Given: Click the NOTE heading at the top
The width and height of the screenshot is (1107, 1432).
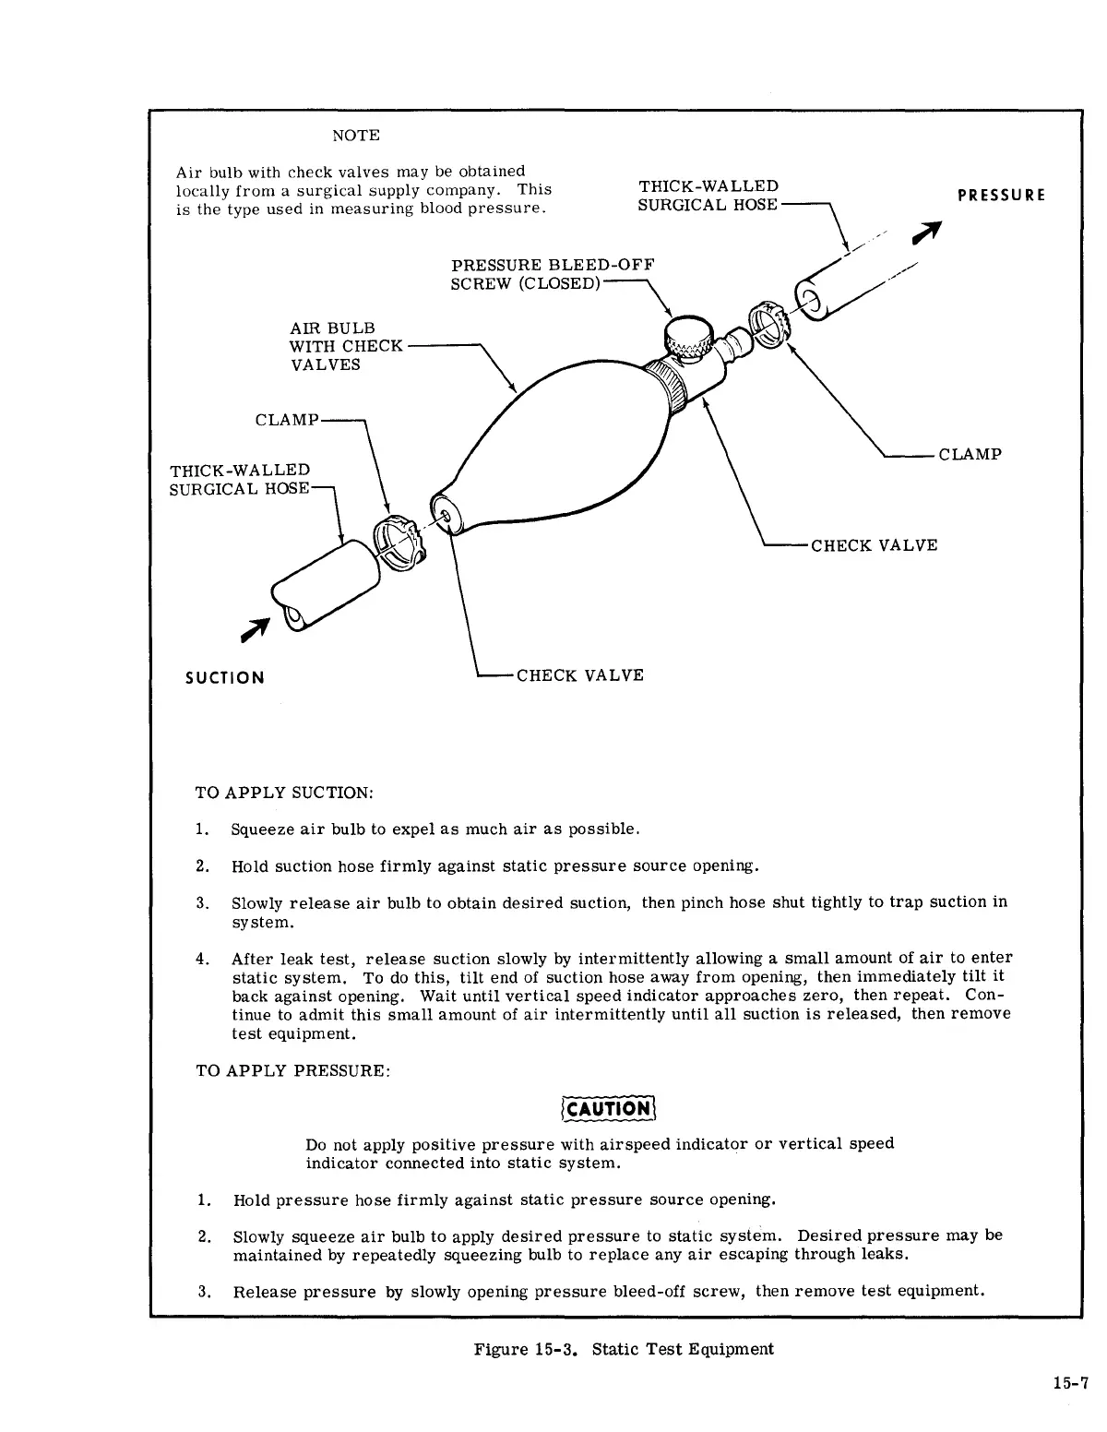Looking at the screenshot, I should click(x=355, y=136).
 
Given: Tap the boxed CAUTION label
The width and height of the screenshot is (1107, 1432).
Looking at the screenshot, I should click(x=608, y=1108).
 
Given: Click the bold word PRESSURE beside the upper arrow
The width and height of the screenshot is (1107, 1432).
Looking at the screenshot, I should click(x=1001, y=196).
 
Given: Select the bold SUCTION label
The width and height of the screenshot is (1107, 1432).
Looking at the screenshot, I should click(x=225, y=678).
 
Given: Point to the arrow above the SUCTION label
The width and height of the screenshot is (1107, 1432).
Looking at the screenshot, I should click(x=255, y=627).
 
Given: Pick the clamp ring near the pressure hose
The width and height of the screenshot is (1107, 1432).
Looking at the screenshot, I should click(x=770, y=322).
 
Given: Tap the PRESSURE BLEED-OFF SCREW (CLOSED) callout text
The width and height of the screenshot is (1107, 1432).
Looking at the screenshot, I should click(x=552, y=274).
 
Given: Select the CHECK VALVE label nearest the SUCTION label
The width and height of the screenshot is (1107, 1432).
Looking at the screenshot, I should click(x=579, y=675).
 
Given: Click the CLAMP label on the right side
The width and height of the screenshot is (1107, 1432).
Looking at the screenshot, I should click(x=970, y=454).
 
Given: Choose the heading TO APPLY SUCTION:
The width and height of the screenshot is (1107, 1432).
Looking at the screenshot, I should click(x=285, y=793).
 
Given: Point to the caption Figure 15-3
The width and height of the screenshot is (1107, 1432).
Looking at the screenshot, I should click(x=624, y=1349).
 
